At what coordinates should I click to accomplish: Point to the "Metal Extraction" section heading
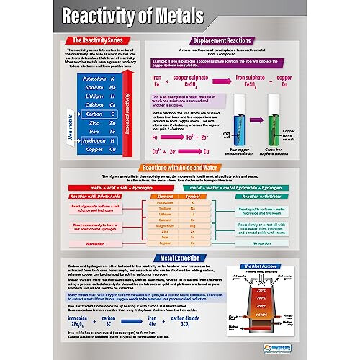[180, 257]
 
